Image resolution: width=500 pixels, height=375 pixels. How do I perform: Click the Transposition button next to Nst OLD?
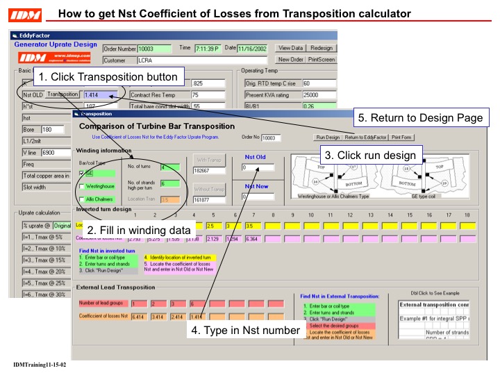(63, 94)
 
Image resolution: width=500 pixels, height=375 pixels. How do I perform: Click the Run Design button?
(328, 137)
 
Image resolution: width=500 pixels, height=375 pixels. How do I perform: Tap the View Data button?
(291, 49)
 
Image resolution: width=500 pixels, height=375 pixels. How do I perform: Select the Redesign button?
(321, 49)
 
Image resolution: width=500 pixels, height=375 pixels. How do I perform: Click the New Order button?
(291, 60)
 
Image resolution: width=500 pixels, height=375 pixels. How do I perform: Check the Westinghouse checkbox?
(81, 186)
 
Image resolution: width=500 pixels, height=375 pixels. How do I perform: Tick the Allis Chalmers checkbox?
(81, 199)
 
